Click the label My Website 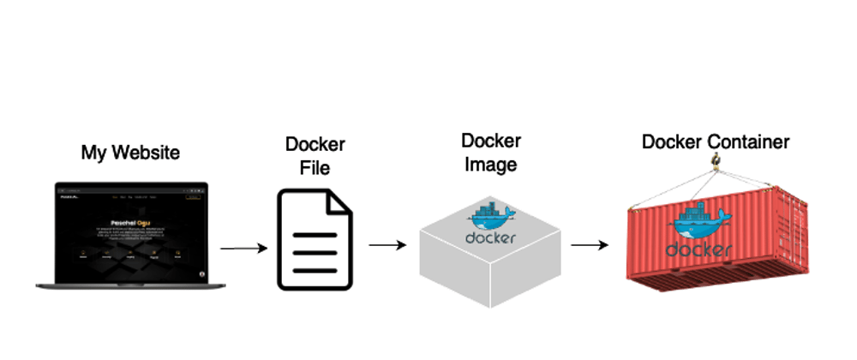pos(130,153)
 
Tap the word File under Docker pos(315,167)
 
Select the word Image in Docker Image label pos(490,164)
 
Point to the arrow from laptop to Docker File pos(243,249)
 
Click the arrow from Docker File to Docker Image pos(387,245)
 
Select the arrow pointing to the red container pos(590,245)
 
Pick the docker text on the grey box pos(490,237)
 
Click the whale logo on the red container pos(698,223)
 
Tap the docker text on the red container pos(698,249)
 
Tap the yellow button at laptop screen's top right pos(195,196)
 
